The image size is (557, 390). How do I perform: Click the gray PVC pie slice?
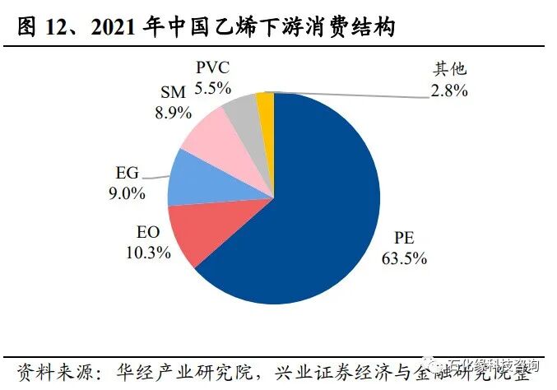point(243,114)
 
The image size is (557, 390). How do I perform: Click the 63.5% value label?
point(404,258)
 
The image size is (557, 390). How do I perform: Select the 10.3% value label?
point(148,253)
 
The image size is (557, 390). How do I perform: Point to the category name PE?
point(404,239)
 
